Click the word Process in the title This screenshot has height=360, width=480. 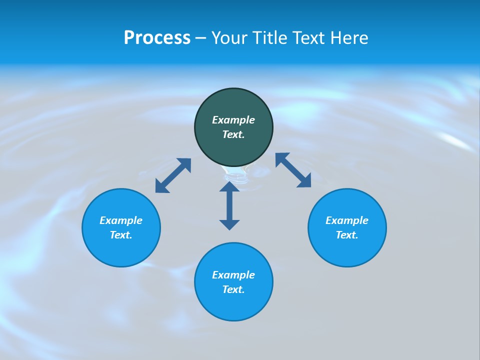[x=157, y=38]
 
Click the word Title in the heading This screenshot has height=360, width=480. [x=269, y=38]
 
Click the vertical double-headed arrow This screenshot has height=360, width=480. [x=229, y=206]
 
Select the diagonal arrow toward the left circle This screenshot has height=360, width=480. [x=173, y=175]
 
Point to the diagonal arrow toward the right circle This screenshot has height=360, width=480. [x=293, y=170]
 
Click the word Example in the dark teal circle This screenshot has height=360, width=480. [x=233, y=120]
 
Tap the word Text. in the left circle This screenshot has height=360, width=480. [x=121, y=235]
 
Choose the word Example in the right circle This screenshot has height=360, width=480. [x=347, y=220]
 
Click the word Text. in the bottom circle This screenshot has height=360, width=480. [x=233, y=289]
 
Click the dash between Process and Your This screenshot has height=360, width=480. [x=200, y=38]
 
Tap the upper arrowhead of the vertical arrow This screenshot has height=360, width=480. [x=229, y=186]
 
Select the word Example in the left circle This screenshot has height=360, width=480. [x=121, y=220]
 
